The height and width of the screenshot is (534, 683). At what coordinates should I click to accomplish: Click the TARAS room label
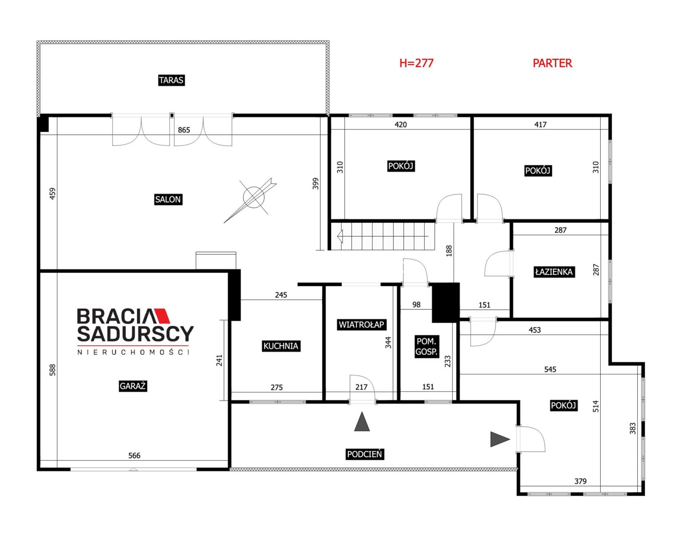point(171,80)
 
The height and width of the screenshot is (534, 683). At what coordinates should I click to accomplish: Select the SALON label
point(168,199)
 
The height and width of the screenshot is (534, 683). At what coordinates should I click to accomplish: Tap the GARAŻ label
point(133,386)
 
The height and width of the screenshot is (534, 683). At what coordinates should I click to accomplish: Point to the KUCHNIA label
point(281,346)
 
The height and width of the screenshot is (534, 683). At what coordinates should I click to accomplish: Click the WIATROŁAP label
point(362,324)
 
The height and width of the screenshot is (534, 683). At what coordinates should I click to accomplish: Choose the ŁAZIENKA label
point(554,272)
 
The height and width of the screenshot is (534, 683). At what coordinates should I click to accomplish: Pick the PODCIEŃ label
point(365,454)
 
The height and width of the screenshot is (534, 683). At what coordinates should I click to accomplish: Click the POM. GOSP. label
point(426,346)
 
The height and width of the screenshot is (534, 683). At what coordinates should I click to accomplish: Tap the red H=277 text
point(417,63)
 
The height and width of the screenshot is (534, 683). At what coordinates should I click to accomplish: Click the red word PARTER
point(552,63)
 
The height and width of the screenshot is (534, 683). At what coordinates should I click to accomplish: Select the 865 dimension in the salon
point(184,130)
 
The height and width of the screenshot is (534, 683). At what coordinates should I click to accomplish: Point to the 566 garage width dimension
point(134,455)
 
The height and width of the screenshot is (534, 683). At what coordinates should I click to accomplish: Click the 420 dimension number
point(401,125)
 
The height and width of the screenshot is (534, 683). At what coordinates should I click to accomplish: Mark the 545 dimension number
point(550,369)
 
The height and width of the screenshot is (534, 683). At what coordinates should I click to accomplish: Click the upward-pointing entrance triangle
point(362,422)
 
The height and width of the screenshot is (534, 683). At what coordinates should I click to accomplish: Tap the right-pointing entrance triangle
point(500,439)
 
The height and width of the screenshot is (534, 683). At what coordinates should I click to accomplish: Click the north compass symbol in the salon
point(251,199)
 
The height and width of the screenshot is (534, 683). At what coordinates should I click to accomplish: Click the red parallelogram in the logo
point(162,316)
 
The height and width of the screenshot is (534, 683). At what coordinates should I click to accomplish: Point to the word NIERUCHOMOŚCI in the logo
point(133,352)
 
